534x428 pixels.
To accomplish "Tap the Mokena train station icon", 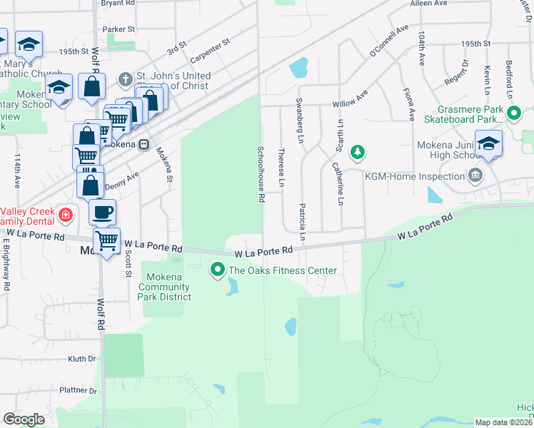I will tap(143, 144).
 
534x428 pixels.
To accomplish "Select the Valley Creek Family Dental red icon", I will tap(65, 214).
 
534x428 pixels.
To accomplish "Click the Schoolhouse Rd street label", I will tap(261, 173).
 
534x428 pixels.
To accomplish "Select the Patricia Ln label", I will tap(303, 221).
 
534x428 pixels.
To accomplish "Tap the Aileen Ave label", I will tap(428, 4).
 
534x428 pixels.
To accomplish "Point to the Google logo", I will tap(24, 419).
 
